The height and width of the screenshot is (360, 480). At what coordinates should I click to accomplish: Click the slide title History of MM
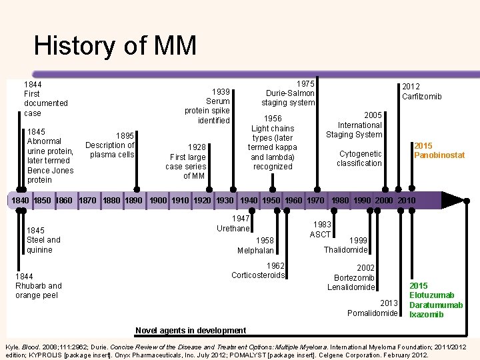[115, 46]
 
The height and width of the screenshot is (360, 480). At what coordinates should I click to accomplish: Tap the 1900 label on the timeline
[159, 201]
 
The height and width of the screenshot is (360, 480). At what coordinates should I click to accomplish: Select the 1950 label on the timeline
[272, 201]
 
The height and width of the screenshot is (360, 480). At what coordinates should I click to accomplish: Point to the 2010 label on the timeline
[406, 201]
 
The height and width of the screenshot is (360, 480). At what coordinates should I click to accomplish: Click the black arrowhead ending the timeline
[453, 200]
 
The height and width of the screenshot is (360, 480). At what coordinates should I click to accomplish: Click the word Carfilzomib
[421, 97]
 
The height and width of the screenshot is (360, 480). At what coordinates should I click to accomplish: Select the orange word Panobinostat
[439, 155]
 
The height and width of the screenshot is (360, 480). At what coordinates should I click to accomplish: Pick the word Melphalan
[255, 251]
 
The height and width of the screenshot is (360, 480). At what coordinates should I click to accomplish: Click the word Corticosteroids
[258, 275]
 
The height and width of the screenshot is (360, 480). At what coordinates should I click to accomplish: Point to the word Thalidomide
[345, 250]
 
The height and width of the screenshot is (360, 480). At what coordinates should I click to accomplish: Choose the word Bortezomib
[354, 277]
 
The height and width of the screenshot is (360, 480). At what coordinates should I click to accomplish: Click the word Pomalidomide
[373, 313]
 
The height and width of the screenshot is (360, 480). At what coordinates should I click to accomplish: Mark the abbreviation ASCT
[320, 235]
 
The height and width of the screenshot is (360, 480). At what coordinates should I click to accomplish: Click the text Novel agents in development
[191, 331]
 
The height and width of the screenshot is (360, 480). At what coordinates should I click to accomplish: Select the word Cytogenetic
[359, 154]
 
